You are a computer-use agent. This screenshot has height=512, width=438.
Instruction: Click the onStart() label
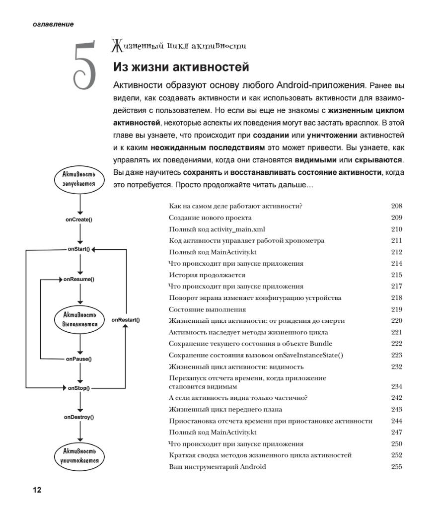[79, 249]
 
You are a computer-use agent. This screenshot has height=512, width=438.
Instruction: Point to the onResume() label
[79, 279]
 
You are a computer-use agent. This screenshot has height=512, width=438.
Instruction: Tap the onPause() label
[79, 359]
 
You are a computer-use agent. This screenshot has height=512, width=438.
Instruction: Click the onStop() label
[79, 388]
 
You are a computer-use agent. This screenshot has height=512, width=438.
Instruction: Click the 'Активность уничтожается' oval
[79, 455]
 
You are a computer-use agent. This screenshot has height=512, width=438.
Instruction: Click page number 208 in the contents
[396, 206]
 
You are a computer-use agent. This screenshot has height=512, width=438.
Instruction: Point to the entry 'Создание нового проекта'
[210, 218]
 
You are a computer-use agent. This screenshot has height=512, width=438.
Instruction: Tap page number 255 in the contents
[396, 467]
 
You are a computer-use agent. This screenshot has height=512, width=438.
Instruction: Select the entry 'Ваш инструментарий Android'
[217, 467]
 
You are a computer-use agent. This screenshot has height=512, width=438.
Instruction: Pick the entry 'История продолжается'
[207, 275]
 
